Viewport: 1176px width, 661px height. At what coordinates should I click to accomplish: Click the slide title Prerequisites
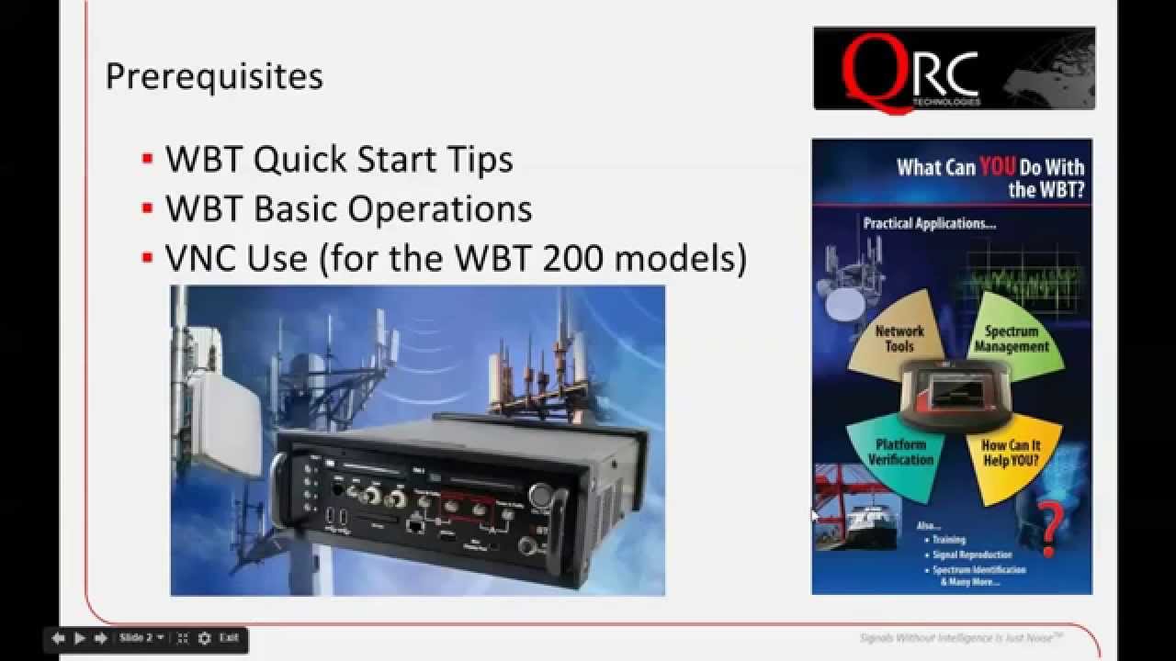coord(214,76)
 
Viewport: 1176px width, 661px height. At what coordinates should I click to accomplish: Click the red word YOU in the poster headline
coord(997,167)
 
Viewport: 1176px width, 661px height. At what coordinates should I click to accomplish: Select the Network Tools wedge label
coord(899,339)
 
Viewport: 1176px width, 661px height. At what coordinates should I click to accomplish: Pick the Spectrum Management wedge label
coord(1012,339)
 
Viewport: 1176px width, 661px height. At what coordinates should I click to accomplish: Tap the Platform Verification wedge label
coord(900,452)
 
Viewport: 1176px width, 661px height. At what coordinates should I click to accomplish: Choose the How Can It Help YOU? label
coord(1011,453)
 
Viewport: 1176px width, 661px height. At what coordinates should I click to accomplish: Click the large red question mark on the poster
coord(1050,528)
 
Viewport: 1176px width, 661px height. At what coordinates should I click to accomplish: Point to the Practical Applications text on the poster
coord(929,223)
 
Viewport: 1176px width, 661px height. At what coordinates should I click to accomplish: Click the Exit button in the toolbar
coord(229,638)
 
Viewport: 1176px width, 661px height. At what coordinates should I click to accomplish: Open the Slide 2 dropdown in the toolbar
coord(141,638)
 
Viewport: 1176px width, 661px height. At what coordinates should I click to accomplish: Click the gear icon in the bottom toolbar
coord(204,638)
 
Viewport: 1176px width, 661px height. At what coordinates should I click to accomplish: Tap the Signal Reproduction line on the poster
coord(972,555)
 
